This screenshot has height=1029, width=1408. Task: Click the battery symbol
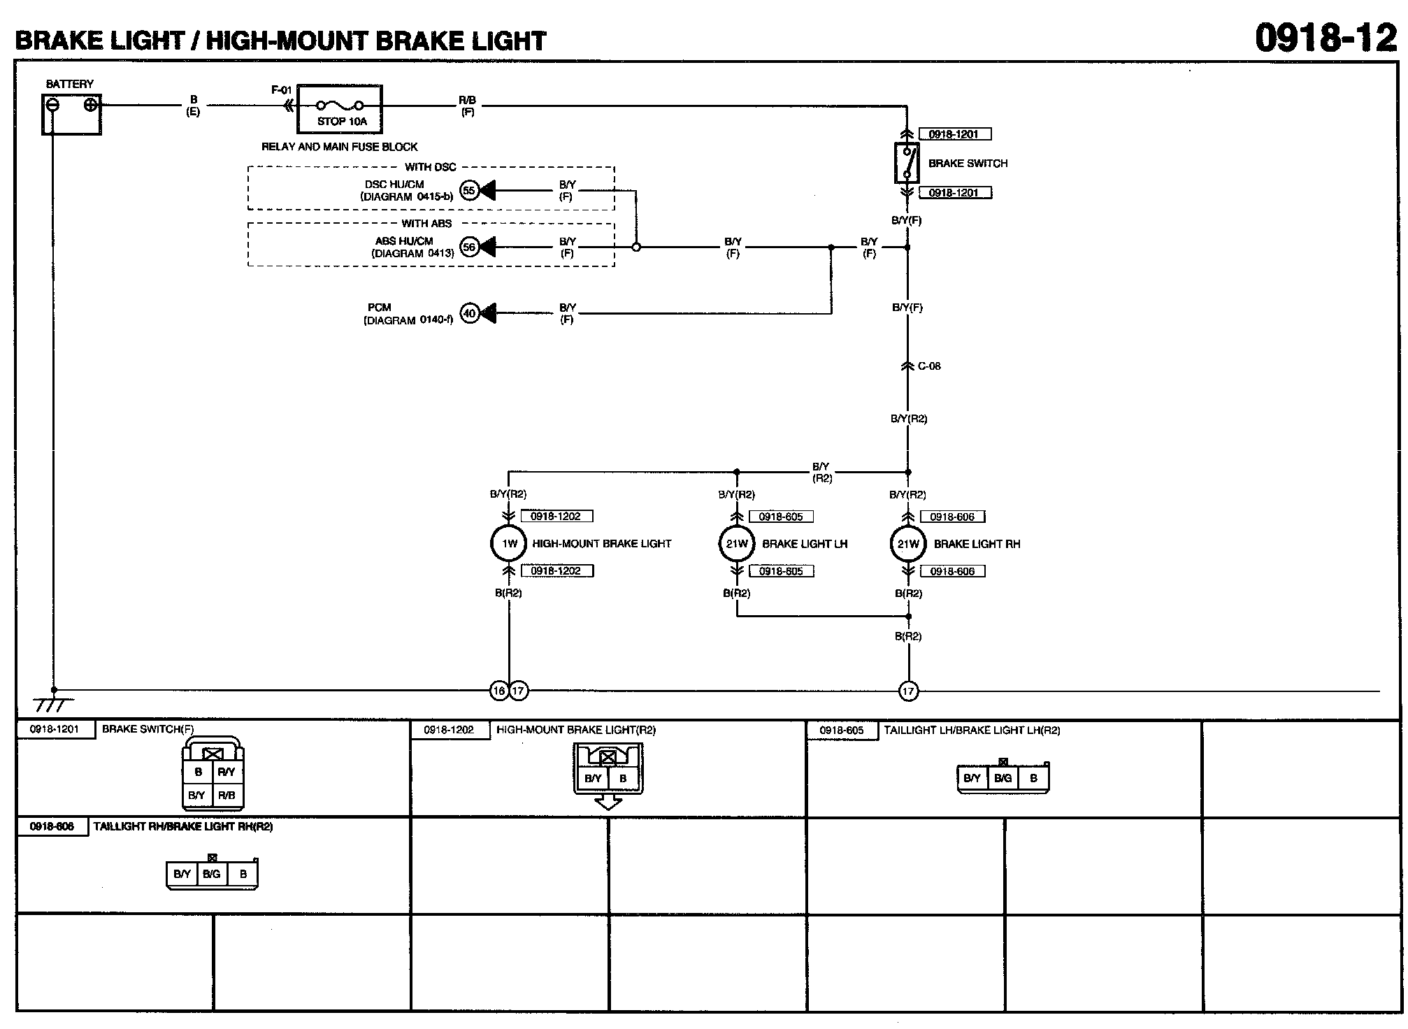(71, 114)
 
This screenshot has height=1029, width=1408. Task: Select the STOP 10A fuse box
(340, 109)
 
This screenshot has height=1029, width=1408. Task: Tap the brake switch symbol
(907, 162)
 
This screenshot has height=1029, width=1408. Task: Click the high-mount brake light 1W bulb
(509, 544)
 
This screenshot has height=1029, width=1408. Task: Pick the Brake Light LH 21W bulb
(737, 544)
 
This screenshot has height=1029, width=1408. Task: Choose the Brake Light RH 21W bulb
(907, 544)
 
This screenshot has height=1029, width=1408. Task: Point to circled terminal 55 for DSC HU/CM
(469, 190)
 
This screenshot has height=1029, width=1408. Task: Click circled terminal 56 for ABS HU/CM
(469, 247)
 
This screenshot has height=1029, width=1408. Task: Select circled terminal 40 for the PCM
(469, 313)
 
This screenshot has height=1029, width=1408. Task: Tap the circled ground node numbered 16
(498, 691)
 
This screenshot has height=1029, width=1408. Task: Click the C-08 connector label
(929, 366)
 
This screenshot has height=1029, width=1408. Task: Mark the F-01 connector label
(281, 90)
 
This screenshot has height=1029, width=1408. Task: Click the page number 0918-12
(1326, 38)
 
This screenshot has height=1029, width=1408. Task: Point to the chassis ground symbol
(52, 703)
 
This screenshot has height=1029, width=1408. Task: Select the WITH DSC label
(430, 167)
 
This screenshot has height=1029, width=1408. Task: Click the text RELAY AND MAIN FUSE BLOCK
(340, 147)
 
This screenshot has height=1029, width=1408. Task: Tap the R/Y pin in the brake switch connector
(227, 772)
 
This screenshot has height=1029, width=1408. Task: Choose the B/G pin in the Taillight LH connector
(1003, 778)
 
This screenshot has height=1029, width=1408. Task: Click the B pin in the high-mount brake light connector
(623, 778)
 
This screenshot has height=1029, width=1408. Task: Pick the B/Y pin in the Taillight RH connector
(182, 874)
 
